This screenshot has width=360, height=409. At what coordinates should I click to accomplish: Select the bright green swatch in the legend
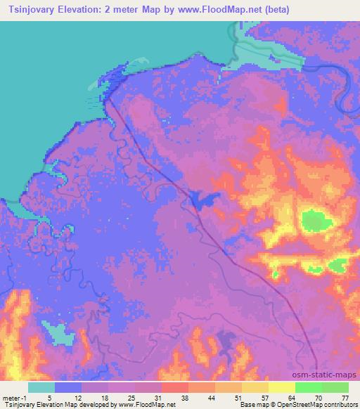click(308, 387)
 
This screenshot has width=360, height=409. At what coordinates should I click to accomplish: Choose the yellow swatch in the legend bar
click(281, 387)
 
